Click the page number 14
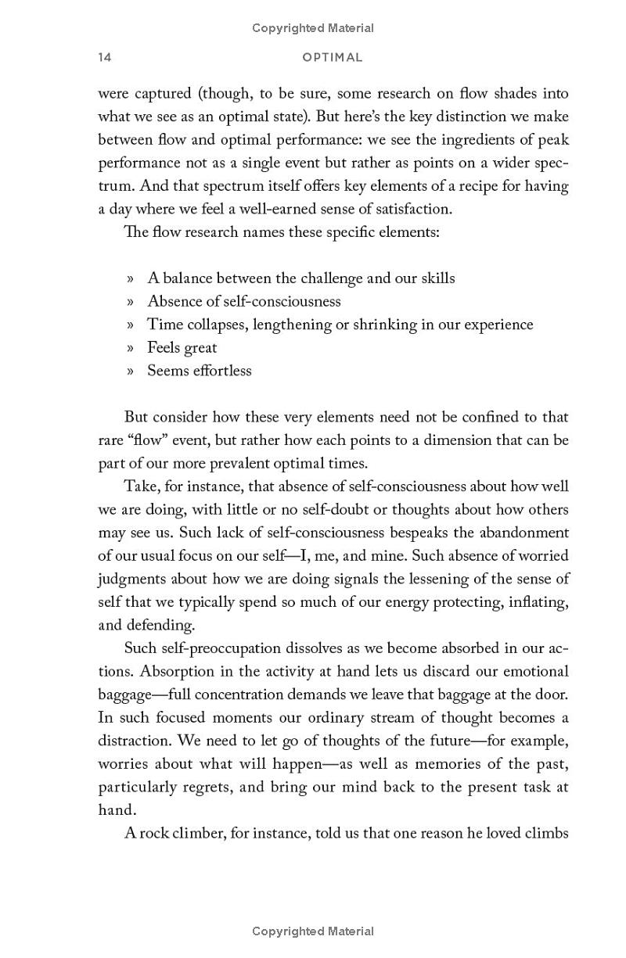click(105, 58)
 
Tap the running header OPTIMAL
click(333, 58)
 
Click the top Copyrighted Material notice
click(313, 28)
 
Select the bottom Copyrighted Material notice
click(313, 931)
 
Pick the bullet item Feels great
click(182, 348)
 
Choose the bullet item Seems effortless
click(200, 371)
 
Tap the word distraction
click(134, 741)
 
